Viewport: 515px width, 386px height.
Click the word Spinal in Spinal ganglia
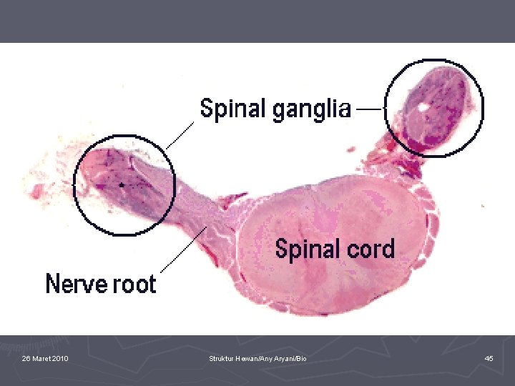[x=233, y=109]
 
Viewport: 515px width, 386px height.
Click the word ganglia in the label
[x=312, y=110]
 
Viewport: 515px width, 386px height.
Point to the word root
[x=134, y=284]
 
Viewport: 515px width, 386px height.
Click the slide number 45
[x=489, y=358]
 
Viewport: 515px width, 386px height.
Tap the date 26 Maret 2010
[x=45, y=358]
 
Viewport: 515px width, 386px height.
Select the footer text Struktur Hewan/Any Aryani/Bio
[x=257, y=359]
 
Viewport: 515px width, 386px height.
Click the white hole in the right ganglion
[x=423, y=108]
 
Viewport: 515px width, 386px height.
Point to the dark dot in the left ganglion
[x=122, y=185]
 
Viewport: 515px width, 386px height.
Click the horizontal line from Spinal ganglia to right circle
[x=371, y=109]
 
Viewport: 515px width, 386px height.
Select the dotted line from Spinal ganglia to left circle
[x=180, y=135]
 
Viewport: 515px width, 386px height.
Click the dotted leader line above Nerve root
[x=184, y=249]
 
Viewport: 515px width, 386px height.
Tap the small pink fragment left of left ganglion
[x=37, y=192]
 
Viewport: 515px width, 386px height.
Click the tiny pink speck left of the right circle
[x=351, y=149]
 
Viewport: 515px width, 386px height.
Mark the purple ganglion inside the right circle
[x=433, y=107]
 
